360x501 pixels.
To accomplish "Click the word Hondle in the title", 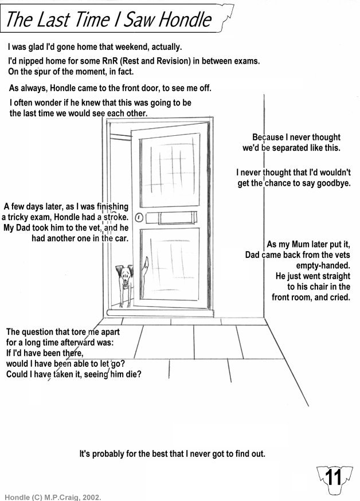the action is (x=185, y=19).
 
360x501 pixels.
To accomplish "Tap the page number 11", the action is (x=333, y=477).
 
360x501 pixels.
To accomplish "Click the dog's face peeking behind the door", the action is (x=124, y=275).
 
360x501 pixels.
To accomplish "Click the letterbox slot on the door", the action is (x=171, y=218).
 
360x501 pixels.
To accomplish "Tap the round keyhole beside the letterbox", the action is (x=139, y=218).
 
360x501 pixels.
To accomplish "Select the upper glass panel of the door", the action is (x=170, y=170).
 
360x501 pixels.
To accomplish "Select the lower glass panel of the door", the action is (x=170, y=265).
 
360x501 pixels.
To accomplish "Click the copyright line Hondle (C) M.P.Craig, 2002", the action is (x=53, y=497).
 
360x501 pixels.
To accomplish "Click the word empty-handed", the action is (x=323, y=265).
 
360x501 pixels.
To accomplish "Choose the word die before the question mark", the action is (x=132, y=374).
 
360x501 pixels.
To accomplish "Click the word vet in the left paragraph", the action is (x=96, y=228).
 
